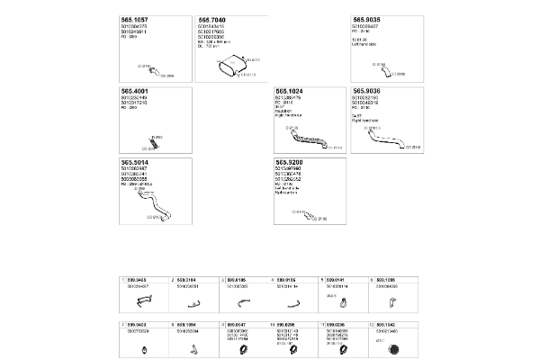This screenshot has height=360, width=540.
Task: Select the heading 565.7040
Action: click(x=212, y=20)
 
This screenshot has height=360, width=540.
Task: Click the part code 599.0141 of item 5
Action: click(x=337, y=280)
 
